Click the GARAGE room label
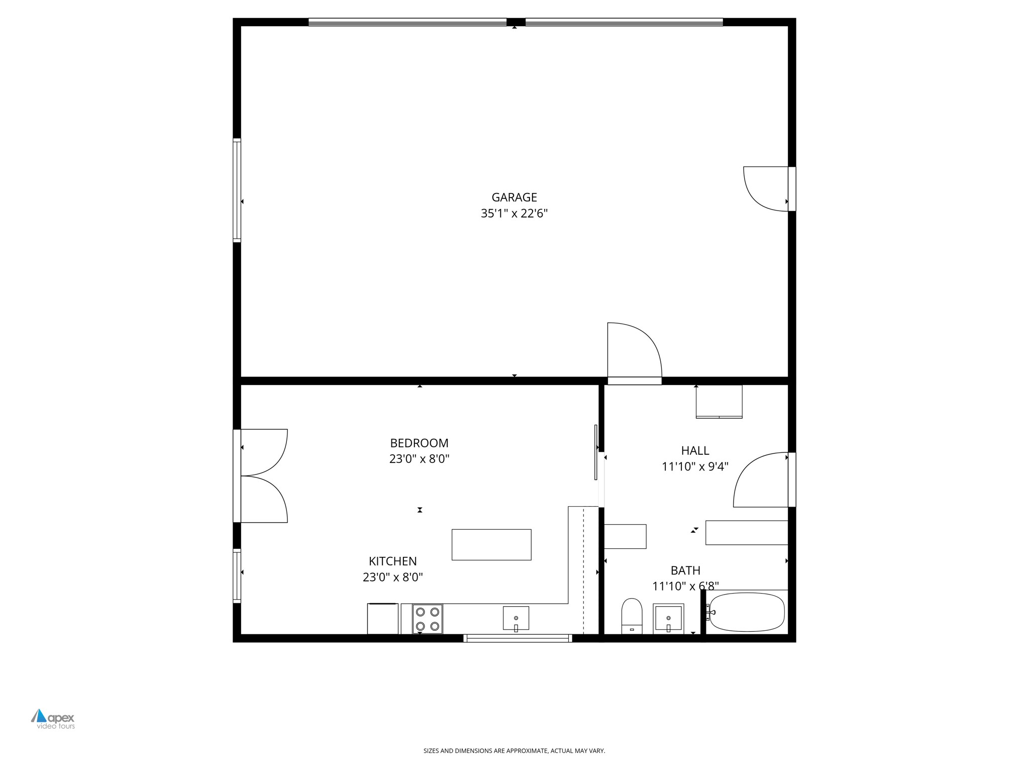514,198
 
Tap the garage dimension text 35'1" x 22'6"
514,214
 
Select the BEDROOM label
419,443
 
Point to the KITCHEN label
392,561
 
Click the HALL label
695,451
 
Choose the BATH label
685,570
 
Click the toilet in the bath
632,616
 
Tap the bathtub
747,612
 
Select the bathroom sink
668,618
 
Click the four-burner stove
428,619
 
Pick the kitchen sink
516,618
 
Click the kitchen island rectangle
491,544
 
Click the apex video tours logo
53,719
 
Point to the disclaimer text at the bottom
514,751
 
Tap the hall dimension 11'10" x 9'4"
695,467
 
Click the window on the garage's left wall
237,190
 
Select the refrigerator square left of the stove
382,619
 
